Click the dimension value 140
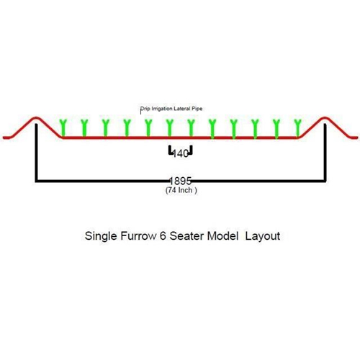(x=181, y=153)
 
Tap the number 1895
(x=181, y=181)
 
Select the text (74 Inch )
(x=181, y=190)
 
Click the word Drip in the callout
(x=145, y=109)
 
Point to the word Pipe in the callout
(x=197, y=109)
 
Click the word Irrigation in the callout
(x=162, y=109)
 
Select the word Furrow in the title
(x=138, y=236)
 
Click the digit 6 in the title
(x=163, y=236)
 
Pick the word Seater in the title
(x=186, y=236)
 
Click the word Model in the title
(x=222, y=236)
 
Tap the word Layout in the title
(x=263, y=236)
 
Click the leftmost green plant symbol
(x=63, y=128)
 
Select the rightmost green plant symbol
(x=297, y=128)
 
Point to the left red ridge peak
(x=36, y=117)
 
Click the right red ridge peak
(x=325, y=117)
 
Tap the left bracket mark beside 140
(x=171, y=150)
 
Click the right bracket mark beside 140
(x=191, y=150)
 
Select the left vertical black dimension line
(x=36, y=153)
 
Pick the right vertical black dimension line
(x=325, y=153)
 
